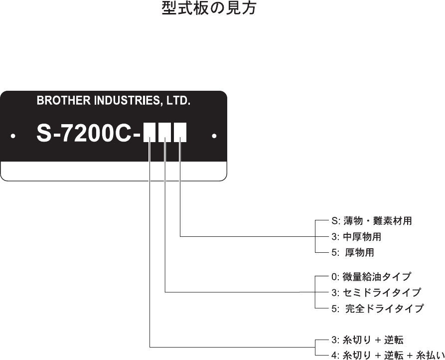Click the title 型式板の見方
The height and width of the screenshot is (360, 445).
(x=209, y=9)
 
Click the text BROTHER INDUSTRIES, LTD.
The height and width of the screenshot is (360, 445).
(x=114, y=101)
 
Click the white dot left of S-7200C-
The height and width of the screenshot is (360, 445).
(x=13, y=136)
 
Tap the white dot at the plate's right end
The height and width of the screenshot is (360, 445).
(x=214, y=136)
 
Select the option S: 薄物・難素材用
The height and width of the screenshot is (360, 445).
(x=371, y=220)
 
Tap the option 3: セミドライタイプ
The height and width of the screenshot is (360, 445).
(x=376, y=292)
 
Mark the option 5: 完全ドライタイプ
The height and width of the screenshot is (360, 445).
(x=377, y=308)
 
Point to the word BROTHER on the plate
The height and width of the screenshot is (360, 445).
(x=56, y=101)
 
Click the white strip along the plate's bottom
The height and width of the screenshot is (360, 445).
(x=114, y=171)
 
